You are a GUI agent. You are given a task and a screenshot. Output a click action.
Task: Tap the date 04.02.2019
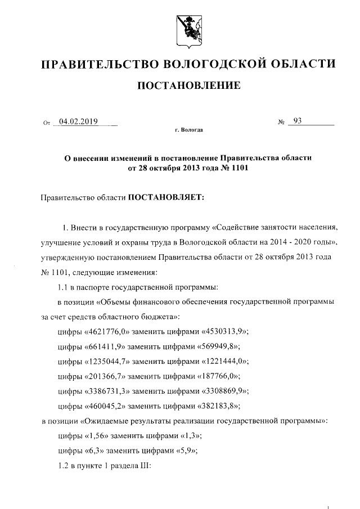pos(78,120)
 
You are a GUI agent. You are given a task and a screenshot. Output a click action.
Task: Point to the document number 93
pos(298,120)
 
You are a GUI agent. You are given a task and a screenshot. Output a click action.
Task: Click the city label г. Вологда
pos(188,130)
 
